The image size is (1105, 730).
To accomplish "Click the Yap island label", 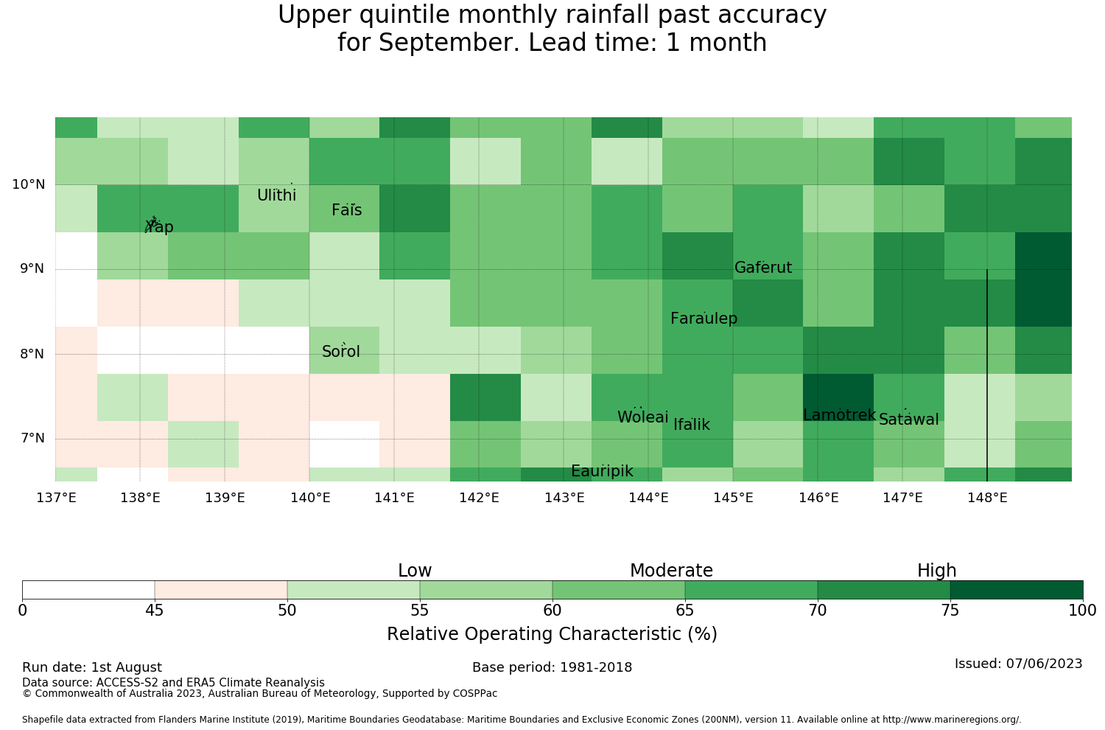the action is (159, 226).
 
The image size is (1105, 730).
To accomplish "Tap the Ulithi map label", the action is (277, 195).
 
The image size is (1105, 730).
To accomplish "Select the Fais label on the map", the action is (347, 210).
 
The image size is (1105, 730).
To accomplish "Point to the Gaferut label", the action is (763, 267).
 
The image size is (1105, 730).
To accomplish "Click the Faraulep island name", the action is (704, 318).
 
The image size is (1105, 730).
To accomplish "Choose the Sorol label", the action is (341, 351).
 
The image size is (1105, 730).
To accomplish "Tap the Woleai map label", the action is (643, 417).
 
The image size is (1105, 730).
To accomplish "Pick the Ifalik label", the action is (692, 424).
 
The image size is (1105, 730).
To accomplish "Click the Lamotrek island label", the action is (840, 415).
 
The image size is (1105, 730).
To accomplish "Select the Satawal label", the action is (908, 420).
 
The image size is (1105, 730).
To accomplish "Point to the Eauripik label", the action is (602, 471).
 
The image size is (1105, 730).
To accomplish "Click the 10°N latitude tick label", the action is (29, 184).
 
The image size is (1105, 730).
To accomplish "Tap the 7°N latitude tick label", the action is (32, 438).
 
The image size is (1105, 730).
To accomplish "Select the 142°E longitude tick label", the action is (479, 498).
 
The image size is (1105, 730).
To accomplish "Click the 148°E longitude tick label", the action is (987, 498).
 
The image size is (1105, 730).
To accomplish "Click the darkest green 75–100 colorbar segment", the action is (1017, 590).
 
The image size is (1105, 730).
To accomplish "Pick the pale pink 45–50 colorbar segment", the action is (221, 590).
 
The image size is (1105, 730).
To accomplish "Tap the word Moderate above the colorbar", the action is (671, 571).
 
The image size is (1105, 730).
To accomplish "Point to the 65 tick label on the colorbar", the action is (684, 611).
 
